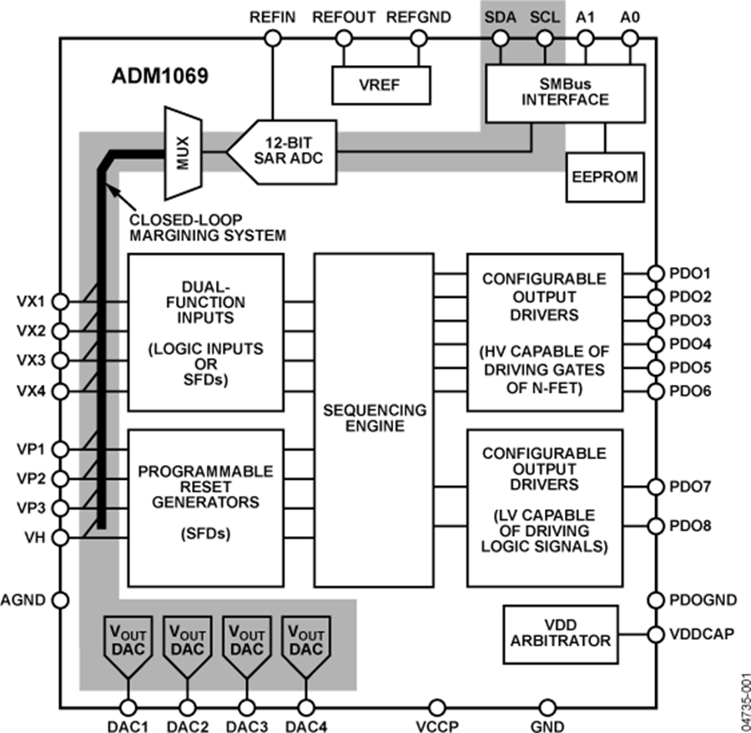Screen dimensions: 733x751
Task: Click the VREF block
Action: pos(381,85)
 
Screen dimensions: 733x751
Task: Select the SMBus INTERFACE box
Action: pos(565,92)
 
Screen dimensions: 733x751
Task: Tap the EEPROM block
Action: pos(606,177)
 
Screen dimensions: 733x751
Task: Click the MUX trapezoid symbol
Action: pos(184,153)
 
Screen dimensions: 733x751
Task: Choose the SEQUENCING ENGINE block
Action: pos(374,419)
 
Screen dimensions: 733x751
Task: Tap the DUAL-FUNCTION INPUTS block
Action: pos(205,331)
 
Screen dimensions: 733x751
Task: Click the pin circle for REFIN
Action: pos(272,38)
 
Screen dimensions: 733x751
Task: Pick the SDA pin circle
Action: pos(500,38)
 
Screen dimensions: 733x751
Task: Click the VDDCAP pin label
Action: pos(702,634)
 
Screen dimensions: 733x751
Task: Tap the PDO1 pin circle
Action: pos(656,273)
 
